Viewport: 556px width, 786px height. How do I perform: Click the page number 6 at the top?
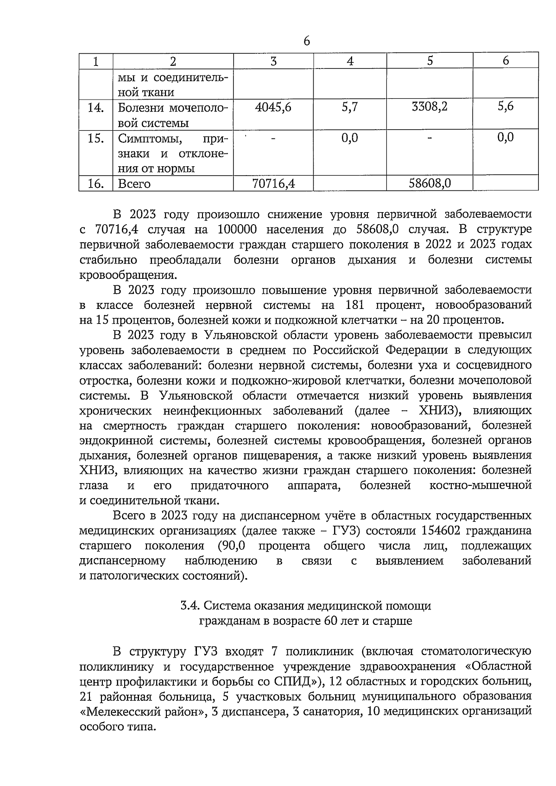pos(307,41)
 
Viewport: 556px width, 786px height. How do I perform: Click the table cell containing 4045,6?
pos(273,107)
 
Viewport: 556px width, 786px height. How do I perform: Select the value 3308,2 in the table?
pos(430,107)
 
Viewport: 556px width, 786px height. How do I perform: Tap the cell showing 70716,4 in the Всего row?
pos(273,184)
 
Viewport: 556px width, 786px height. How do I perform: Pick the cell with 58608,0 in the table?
pos(430,183)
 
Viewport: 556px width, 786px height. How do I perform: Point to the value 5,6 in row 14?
pos(505,107)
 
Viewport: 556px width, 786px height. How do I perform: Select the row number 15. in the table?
pos(95,138)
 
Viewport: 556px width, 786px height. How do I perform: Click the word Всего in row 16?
pos(134,184)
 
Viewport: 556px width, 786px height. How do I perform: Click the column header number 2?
pos(173,61)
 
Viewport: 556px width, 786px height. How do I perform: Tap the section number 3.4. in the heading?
pos(190,606)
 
